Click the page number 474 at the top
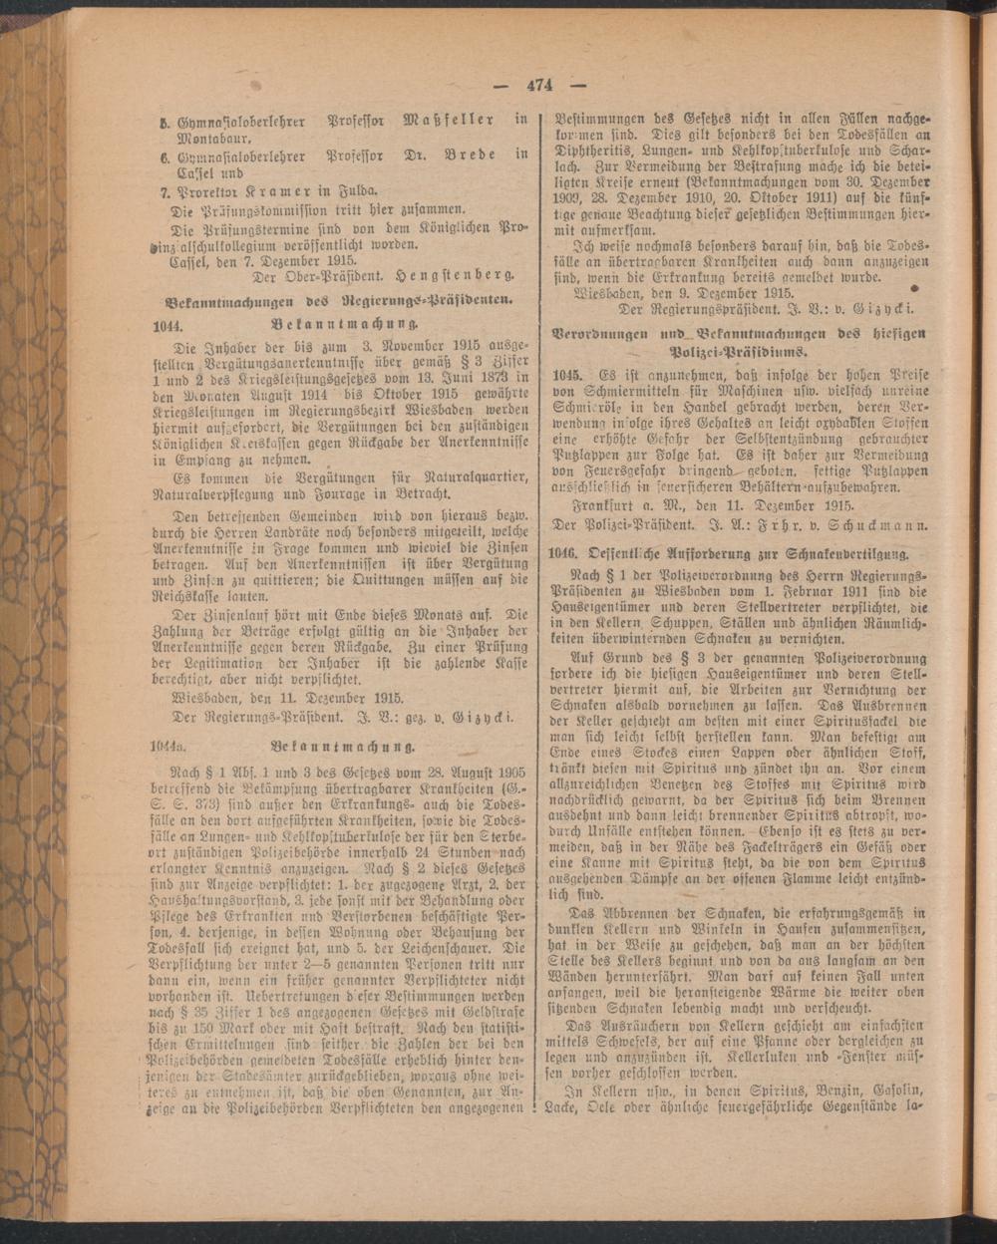tap(539, 85)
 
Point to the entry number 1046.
tap(567, 551)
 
